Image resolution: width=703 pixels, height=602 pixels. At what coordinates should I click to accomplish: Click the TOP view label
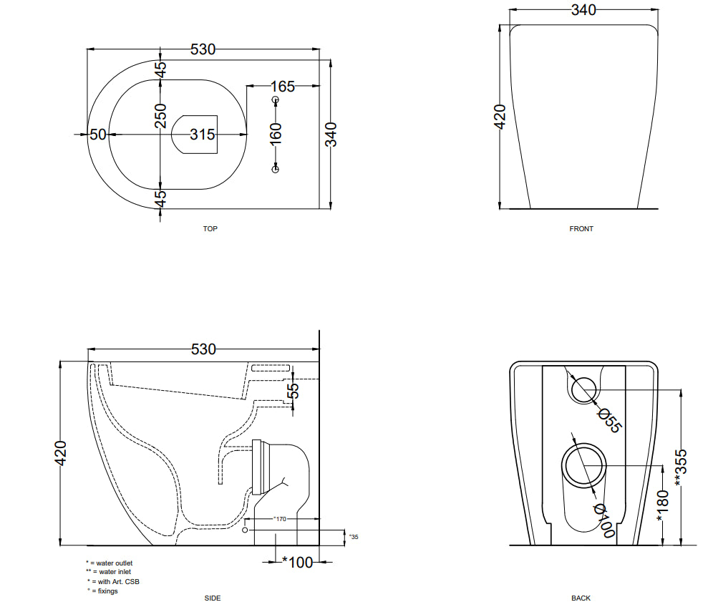(x=210, y=228)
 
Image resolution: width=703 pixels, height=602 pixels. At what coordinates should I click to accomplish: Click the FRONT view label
(x=581, y=228)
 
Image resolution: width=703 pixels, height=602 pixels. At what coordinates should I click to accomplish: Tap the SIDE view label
(x=213, y=598)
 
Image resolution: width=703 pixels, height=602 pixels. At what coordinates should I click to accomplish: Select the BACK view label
(x=581, y=598)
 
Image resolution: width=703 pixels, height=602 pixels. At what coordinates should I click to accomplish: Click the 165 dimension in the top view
(x=283, y=87)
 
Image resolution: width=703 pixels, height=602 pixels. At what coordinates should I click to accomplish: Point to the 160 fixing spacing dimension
(x=276, y=134)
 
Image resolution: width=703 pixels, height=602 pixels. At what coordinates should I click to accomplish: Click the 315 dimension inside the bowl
(x=202, y=135)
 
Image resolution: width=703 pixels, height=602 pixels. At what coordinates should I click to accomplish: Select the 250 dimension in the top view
(x=160, y=116)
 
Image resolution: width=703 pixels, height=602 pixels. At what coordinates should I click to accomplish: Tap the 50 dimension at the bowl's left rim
(x=98, y=135)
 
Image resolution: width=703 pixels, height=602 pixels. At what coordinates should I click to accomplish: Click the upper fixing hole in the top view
(x=276, y=99)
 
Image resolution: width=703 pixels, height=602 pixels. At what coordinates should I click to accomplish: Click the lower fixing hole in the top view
(x=276, y=169)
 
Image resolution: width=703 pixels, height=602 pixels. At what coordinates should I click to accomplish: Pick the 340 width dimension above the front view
(x=583, y=10)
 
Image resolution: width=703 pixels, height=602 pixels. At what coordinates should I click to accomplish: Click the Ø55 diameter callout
(x=610, y=420)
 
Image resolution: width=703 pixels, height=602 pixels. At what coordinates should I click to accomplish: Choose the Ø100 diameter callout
(x=604, y=520)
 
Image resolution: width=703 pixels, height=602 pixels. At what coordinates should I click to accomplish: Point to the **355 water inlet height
(x=680, y=467)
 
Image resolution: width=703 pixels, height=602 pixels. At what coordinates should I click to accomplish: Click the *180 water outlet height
(x=662, y=506)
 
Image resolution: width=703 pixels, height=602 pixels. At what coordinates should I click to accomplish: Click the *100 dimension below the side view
(x=297, y=562)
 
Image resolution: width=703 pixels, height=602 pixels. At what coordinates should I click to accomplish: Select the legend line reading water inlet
(x=109, y=572)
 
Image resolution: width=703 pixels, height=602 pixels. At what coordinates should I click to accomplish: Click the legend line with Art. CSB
(x=113, y=582)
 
